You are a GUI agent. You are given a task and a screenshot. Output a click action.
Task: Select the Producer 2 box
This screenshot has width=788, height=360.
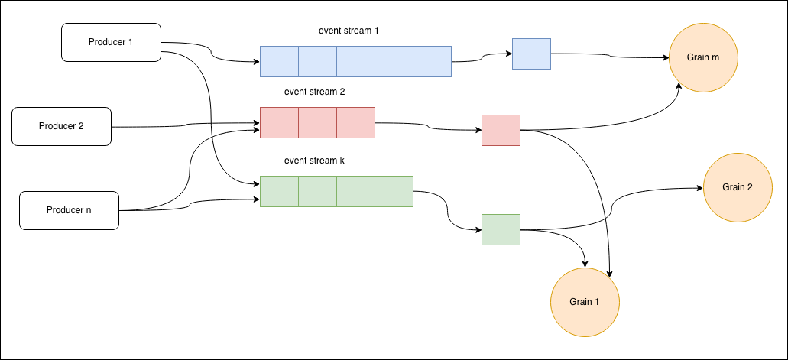pos(61,126)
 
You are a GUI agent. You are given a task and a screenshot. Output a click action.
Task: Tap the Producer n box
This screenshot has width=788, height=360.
pos(69,210)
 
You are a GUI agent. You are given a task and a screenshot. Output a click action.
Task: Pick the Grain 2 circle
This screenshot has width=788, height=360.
pos(738,187)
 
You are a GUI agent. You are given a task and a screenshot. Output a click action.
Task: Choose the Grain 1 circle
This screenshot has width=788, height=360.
pos(585,302)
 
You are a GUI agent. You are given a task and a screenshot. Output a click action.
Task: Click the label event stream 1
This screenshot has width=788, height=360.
pos(349,31)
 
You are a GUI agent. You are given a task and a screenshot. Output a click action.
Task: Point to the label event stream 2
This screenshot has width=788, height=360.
pos(315,92)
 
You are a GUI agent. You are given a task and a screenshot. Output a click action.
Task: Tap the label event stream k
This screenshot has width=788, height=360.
pos(315,161)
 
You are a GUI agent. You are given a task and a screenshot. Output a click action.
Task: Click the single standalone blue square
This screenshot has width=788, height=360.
pos(531,54)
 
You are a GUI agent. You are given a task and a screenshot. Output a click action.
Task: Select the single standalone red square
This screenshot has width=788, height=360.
pos(501,130)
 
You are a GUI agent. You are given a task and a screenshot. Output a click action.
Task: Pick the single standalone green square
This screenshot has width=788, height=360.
pos(501,229)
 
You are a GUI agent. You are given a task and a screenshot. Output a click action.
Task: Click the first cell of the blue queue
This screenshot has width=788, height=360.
pos(279,61)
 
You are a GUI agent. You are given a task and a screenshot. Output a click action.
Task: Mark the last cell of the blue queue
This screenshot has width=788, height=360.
pos(432,61)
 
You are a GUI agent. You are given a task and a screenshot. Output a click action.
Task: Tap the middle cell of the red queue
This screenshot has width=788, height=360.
pos(317,122)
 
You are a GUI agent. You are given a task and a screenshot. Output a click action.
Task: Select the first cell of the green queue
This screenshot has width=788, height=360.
pos(279,191)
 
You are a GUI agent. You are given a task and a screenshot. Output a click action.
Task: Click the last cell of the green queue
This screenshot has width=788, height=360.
pos(394,191)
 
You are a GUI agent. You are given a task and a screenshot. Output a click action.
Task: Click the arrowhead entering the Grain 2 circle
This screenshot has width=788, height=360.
pos(699,189)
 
